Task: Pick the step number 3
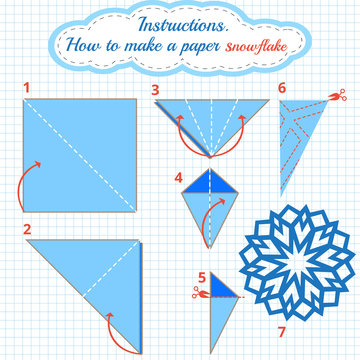tap(155, 89)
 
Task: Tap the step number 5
tap(201, 277)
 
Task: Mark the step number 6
tap(282, 88)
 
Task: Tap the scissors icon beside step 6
tap(340, 96)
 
